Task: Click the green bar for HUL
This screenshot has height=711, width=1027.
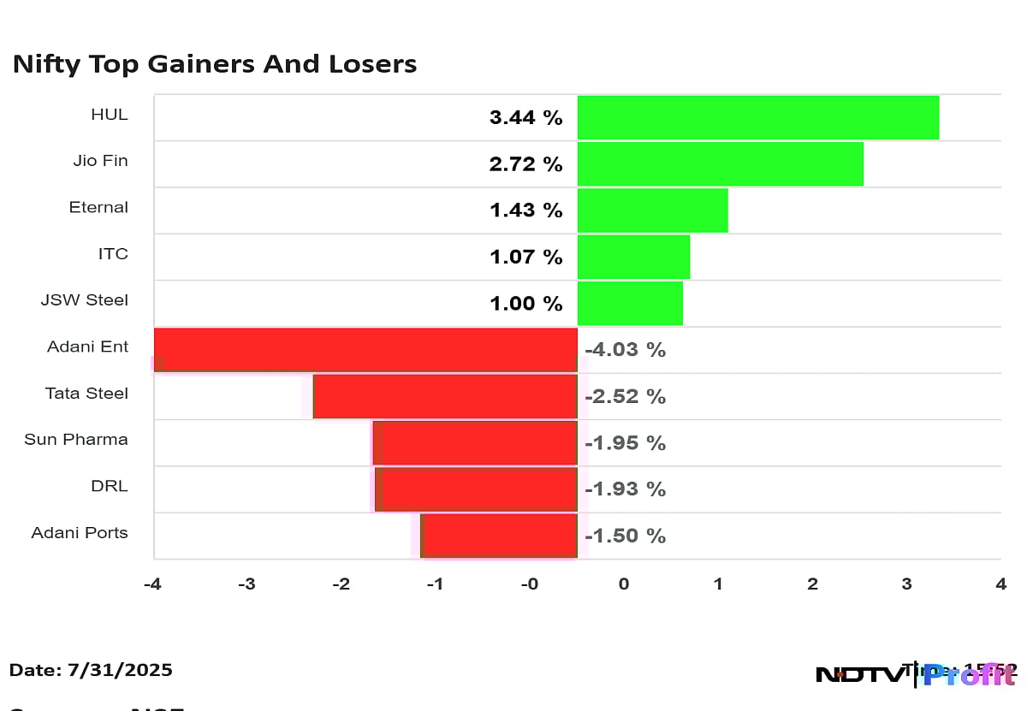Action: tap(757, 117)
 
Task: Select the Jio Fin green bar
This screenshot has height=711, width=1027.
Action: tap(720, 164)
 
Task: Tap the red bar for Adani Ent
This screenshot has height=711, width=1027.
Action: tap(365, 350)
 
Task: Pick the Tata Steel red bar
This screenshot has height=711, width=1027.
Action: tap(445, 396)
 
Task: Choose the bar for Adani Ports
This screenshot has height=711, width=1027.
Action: tap(499, 536)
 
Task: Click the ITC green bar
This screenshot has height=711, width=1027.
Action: tap(633, 257)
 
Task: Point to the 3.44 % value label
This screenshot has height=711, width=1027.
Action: tap(525, 118)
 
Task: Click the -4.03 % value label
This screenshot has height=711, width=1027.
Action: tap(625, 350)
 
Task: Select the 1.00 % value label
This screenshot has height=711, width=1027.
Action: tap(525, 304)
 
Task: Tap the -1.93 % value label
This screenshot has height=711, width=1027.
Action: tap(625, 489)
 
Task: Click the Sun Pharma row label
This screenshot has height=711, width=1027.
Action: tap(76, 440)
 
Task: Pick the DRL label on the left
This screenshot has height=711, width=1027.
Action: tap(109, 486)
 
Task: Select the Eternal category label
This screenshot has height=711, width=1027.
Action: tap(98, 207)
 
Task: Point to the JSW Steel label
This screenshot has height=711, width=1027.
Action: tap(85, 300)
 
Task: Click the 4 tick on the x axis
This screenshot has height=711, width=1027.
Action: tap(1000, 584)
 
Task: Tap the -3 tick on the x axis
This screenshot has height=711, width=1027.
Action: tap(246, 584)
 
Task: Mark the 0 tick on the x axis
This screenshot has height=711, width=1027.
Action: tap(624, 584)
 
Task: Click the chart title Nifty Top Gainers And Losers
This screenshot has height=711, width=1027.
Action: tap(214, 64)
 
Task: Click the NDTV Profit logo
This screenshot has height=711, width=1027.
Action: tap(916, 674)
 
